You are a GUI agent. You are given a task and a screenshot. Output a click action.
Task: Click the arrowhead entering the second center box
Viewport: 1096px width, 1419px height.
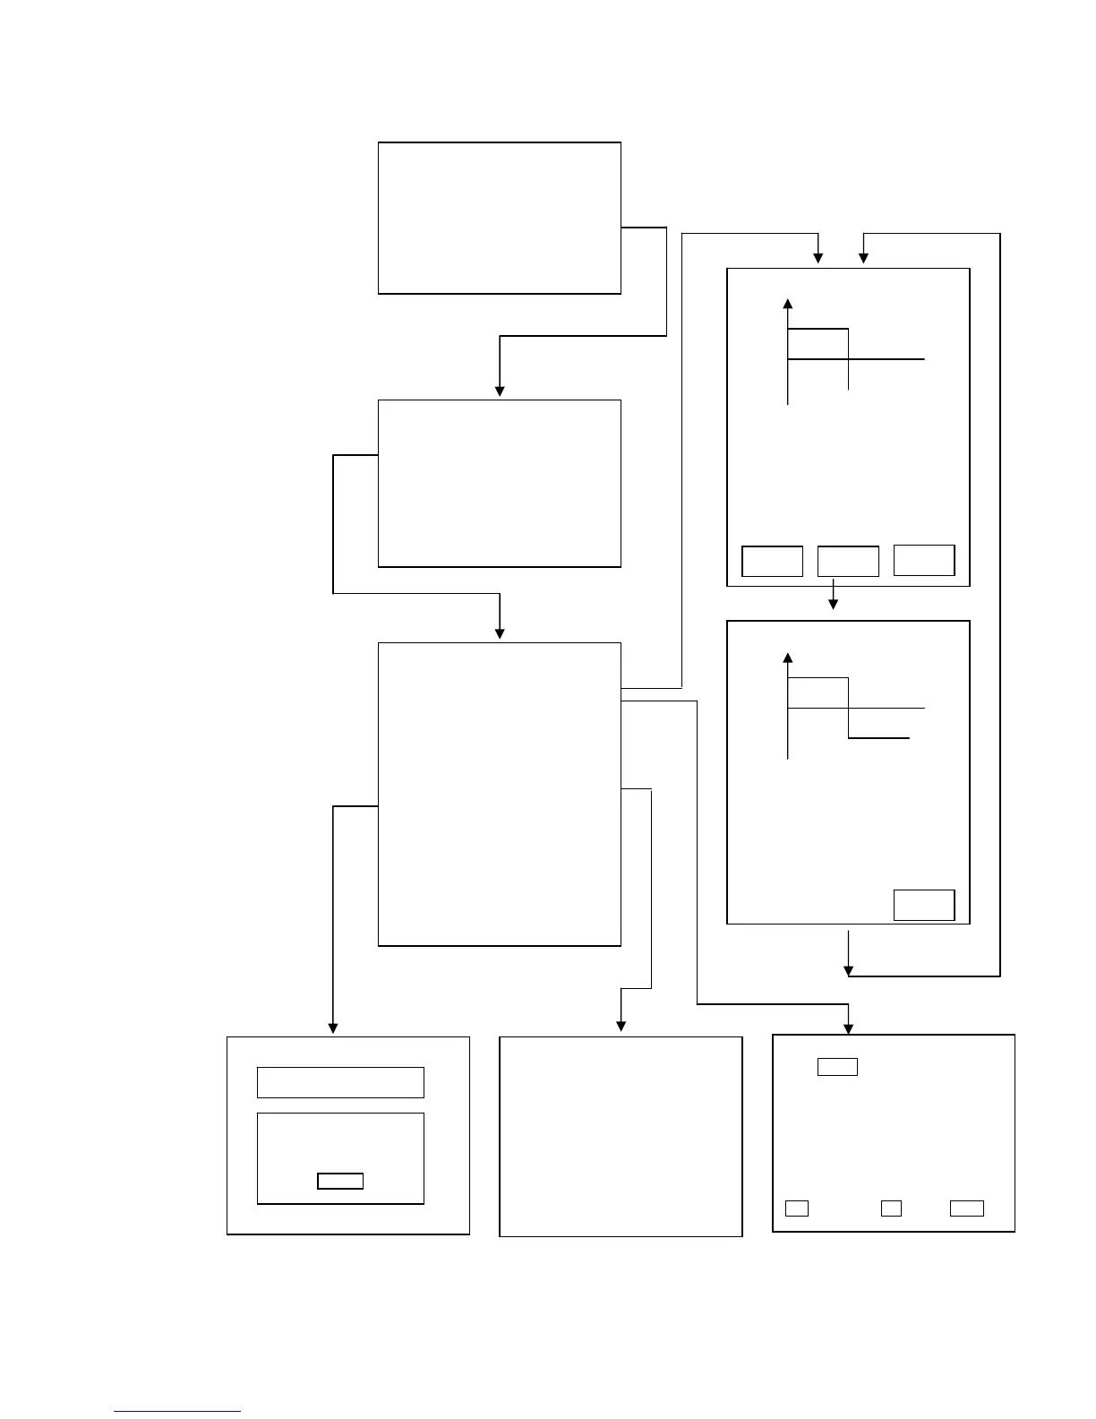(500, 391)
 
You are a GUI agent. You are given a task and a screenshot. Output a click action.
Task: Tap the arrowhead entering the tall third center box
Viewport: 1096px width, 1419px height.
(500, 633)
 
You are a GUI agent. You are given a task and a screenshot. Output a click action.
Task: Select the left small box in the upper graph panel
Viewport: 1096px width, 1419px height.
(772, 561)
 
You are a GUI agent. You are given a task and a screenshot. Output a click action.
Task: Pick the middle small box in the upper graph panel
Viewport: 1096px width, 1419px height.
(848, 561)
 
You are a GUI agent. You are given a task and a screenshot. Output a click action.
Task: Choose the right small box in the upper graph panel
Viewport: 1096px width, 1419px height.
(924, 560)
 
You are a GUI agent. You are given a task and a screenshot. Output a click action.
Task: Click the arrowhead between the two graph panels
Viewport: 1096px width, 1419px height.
(834, 604)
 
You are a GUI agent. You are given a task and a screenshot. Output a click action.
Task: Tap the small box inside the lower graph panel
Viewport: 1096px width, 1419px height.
(924, 905)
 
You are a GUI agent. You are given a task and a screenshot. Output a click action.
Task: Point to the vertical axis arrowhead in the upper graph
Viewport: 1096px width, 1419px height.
(788, 304)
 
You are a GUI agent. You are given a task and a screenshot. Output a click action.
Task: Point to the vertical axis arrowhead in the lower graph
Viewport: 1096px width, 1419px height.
(788, 658)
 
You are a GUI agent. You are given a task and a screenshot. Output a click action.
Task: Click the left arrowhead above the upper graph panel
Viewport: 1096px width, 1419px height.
(818, 258)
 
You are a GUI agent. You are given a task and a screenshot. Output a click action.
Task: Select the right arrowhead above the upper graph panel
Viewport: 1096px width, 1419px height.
(864, 258)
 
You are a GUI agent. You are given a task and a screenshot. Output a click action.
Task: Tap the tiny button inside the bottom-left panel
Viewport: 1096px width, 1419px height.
(340, 1181)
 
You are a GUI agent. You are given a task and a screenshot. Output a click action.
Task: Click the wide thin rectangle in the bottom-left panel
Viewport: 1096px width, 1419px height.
(340, 1082)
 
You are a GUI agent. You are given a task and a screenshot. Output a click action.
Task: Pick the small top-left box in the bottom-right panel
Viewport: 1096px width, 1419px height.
(837, 1067)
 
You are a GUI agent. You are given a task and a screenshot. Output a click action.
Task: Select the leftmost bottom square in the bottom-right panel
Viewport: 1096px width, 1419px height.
(797, 1208)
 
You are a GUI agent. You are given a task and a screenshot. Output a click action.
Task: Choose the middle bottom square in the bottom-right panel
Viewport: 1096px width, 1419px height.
(891, 1208)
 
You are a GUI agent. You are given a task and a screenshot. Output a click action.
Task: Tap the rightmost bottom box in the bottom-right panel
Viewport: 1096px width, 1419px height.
(967, 1208)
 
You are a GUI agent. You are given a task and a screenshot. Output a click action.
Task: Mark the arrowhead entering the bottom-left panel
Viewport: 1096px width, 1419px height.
(333, 1028)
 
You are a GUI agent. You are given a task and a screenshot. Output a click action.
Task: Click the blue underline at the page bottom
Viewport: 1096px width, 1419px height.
(177, 1412)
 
